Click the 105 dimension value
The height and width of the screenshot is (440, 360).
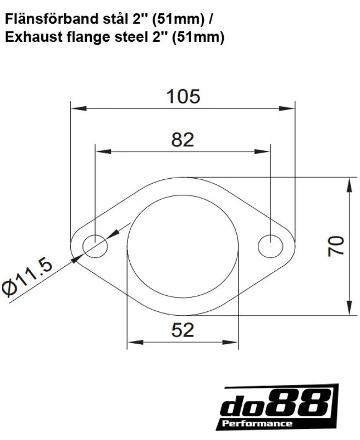[x=183, y=96]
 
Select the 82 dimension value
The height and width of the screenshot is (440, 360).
[x=183, y=140]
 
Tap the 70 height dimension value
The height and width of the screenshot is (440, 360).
[x=336, y=245]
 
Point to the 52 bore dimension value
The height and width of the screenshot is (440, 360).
[x=182, y=330]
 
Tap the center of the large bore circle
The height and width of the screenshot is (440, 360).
[x=182, y=246]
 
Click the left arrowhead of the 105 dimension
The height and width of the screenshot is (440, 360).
[x=75, y=107]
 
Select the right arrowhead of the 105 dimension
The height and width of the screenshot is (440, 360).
[x=290, y=107]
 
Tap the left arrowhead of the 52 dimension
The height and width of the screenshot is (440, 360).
[x=132, y=341]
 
